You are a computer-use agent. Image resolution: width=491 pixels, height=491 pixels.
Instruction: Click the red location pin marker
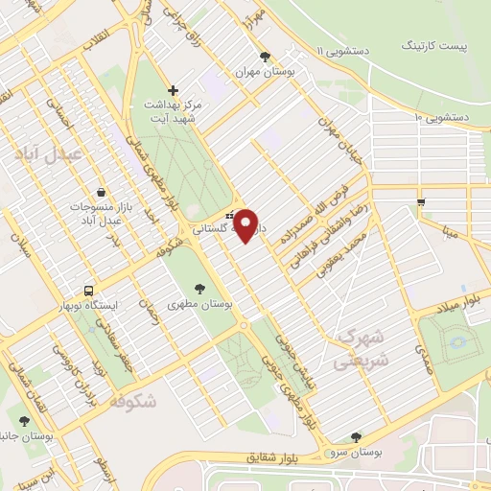point(246,225)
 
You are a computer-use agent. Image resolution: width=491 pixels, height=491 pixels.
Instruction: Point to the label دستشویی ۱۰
point(441,117)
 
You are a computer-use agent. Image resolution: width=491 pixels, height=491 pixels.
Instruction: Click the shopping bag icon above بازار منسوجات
point(101,192)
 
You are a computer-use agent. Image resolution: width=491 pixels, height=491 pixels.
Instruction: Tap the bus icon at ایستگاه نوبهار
point(88,290)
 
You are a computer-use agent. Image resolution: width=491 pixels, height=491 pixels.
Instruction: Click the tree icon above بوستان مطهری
point(199,288)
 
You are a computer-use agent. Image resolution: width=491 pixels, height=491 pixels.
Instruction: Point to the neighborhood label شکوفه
point(131,402)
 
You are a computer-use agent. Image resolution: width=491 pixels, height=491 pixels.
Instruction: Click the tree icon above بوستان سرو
point(356,436)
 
